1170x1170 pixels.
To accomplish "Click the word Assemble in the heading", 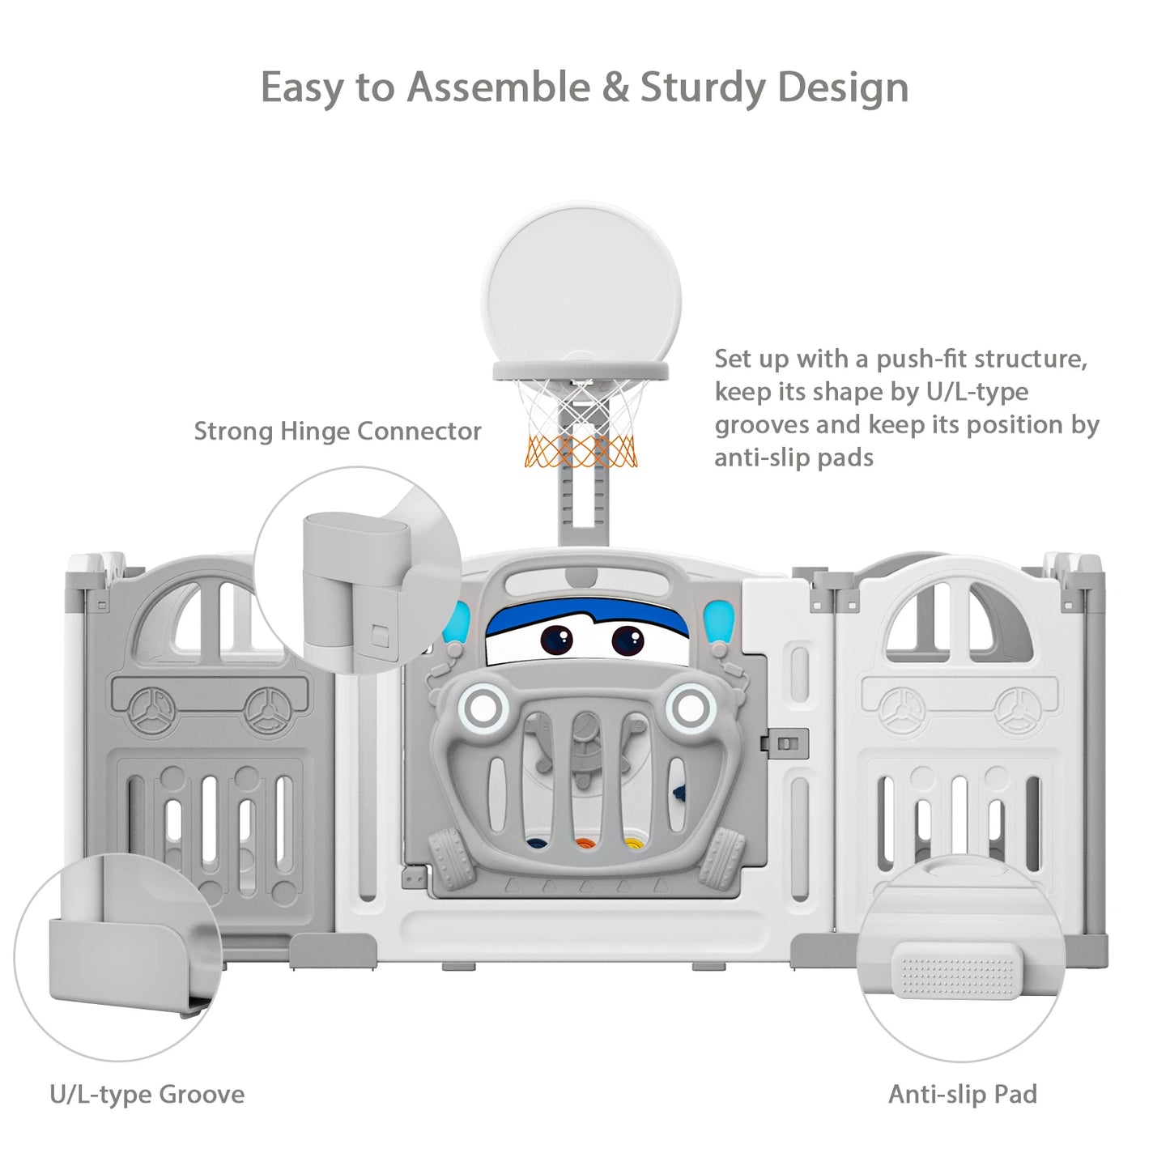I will (x=498, y=87).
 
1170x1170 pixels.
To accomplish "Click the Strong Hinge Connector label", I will (x=338, y=431).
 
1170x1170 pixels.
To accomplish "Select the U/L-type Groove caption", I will (x=147, y=1094).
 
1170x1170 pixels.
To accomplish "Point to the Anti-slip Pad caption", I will (x=962, y=1094).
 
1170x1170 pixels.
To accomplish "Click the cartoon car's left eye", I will (x=557, y=640).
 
